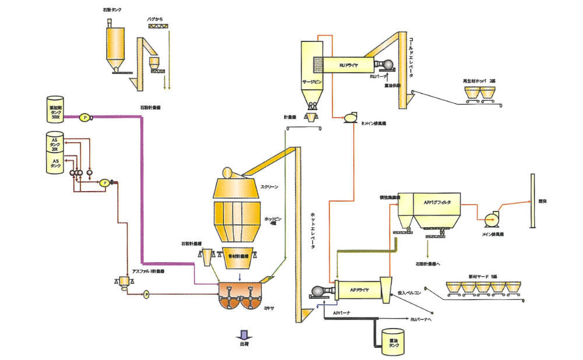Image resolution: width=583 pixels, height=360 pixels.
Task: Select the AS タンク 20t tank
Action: point(57,143)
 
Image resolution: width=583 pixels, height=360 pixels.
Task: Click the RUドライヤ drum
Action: point(349,65)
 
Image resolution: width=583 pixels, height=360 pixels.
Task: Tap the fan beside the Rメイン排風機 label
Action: point(350,117)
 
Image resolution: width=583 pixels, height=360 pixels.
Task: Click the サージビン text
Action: point(312,83)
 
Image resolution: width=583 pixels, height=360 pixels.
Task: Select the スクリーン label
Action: point(270,187)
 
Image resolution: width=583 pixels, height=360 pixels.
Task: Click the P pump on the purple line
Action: point(85,117)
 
